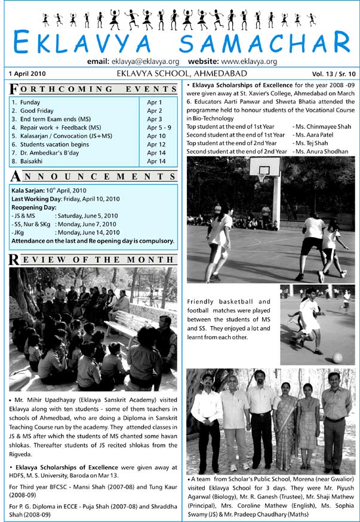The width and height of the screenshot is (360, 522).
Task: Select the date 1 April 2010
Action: pos(28,74)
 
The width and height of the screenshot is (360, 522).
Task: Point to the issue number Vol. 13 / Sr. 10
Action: pos(332,74)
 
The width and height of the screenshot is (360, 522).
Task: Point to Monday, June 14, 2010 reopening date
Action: pos(87,232)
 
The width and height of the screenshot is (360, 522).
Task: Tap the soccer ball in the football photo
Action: pos(337,357)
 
